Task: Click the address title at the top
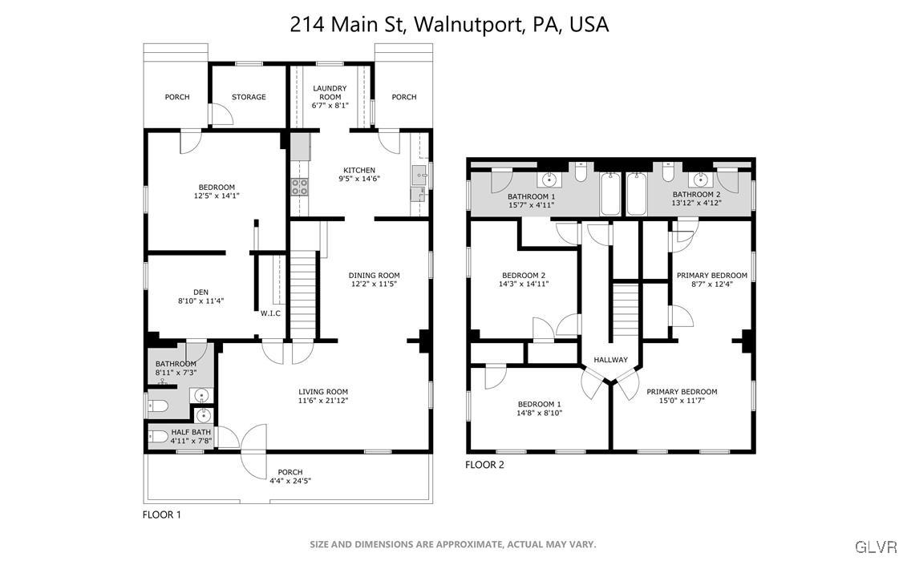tap(449, 24)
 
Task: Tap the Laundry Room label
tap(330, 92)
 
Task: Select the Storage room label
tap(249, 97)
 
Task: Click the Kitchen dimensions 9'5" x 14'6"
tap(359, 179)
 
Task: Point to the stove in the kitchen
tap(299, 187)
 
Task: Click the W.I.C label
tap(270, 313)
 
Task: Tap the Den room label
tap(200, 292)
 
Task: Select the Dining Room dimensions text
tap(374, 284)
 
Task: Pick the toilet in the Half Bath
tap(158, 438)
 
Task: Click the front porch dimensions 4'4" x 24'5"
tap(290, 481)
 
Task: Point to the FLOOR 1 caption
tap(162, 515)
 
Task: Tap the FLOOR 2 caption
tap(484, 465)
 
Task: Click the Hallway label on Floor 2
tap(610, 360)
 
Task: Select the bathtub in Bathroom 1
tap(610, 194)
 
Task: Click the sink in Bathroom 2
tap(700, 180)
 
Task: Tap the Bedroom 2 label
tap(524, 275)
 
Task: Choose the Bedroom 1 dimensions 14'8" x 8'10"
tap(540, 413)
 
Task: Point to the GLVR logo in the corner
tap(877, 547)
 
